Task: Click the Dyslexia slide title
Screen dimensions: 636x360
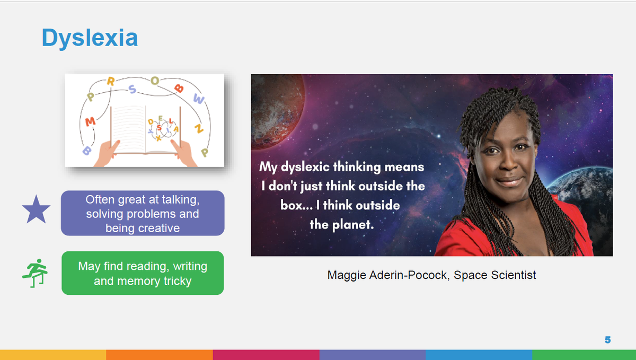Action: (90, 38)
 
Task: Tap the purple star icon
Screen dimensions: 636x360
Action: (36, 210)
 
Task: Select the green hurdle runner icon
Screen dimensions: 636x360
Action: (35, 273)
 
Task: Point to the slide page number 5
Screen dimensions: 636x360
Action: (607, 340)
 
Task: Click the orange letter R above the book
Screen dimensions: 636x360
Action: (111, 82)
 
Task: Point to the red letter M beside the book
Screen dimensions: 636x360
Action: (90, 122)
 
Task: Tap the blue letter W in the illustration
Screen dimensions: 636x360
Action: (199, 99)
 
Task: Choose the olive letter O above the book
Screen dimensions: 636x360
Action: (155, 81)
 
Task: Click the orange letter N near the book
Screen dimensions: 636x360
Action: (199, 129)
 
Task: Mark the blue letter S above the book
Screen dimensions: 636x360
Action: (132, 89)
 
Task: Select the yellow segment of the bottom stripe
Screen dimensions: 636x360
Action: (53, 355)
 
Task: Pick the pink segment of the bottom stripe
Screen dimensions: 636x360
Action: (266, 355)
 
